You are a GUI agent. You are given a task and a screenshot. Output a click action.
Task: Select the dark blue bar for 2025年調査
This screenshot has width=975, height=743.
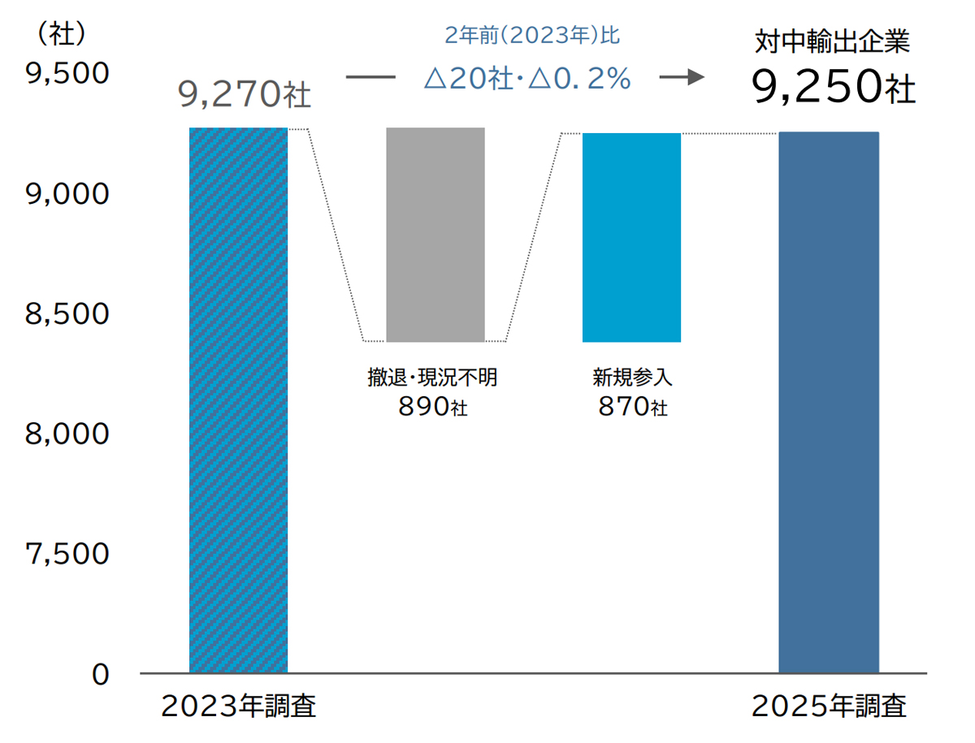click(829, 402)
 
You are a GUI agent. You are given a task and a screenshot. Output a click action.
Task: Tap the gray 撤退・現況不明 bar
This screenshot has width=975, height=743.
click(435, 235)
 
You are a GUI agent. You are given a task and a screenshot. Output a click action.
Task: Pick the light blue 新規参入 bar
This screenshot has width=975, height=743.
click(631, 237)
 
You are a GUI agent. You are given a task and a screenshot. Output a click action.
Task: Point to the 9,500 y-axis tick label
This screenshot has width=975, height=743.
click(67, 74)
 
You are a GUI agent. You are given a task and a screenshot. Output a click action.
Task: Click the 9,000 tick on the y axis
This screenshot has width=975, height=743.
click(67, 194)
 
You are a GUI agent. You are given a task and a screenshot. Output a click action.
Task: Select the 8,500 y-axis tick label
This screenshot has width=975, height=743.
click(67, 314)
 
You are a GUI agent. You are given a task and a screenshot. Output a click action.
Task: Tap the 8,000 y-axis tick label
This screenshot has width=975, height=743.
click(67, 434)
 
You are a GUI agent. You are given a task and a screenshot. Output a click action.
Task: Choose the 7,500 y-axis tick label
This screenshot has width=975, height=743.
click(67, 554)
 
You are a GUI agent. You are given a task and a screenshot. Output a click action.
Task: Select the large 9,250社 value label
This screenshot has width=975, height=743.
click(834, 87)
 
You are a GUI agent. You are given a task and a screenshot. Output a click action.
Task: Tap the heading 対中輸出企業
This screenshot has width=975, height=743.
click(834, 42)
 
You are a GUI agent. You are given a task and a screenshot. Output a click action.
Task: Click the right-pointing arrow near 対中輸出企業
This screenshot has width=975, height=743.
click(681, 78)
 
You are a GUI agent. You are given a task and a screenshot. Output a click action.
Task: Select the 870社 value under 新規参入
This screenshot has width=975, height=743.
click(632, 406)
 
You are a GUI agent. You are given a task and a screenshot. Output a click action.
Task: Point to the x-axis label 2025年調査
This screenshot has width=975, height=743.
click(829, 706)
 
